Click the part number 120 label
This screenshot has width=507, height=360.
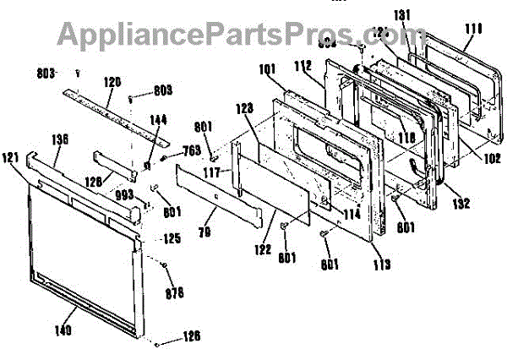pyautogui.click(x=112, y=82)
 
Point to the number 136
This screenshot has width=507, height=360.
pyautogui.click(x=60, y=139)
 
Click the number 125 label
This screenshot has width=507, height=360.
pyautogui.click(x=172, y=239)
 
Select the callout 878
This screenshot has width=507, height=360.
pyautogui.click(x=174, y=293)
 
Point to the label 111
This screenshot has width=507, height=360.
pyautogui.click(x=473, y=29)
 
